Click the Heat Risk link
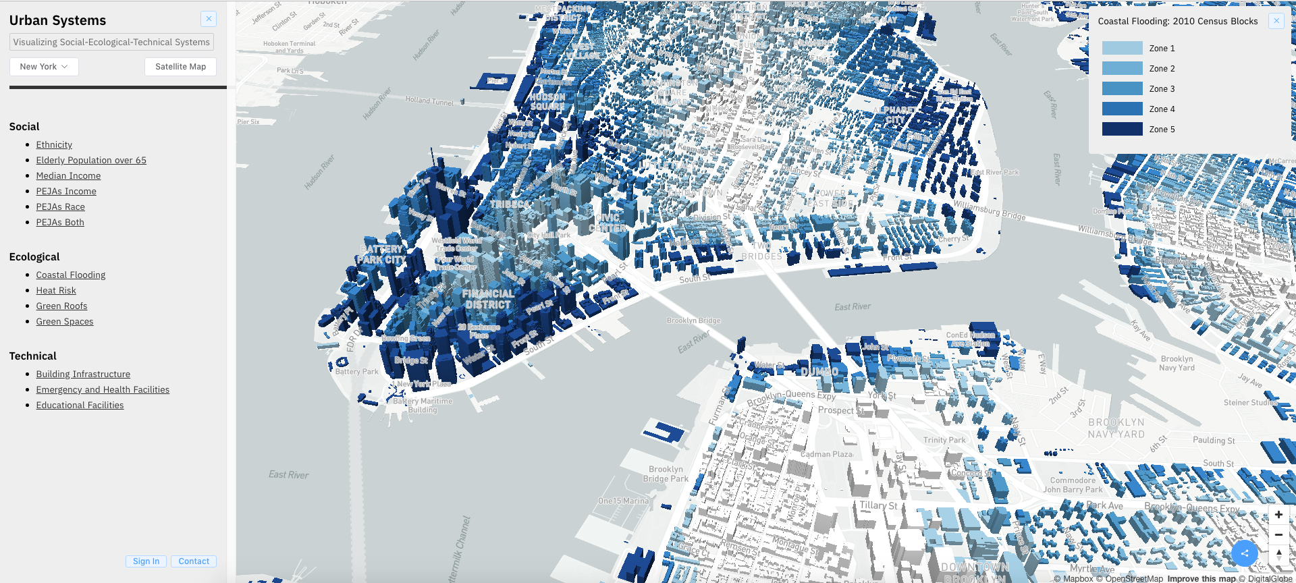[x=56, y=290]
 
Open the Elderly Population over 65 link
[x=91, y=160]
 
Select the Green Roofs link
[x=61, y=306]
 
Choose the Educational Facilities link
[x=80, y=405]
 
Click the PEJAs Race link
[x=60, y=206]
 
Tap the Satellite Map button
[x=180, y=67]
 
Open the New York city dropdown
[x=44, y=67]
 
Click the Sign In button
[x=146, y=561]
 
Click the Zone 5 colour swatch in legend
[x=1122, y=129]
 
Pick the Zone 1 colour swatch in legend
[x=1122, y=48]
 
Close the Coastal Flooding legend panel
[x=1276, y=21]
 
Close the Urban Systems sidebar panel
[x=209, y=19]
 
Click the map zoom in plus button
[x=1278, y=515]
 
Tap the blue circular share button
[x=1244, y=553]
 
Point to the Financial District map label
[x=488, y=299]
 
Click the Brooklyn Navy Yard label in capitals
[x=1116, y=428]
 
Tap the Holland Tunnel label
[x=429, y=101]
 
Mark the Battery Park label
[x=356, y=372]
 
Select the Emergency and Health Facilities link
[x=103, y=389]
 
